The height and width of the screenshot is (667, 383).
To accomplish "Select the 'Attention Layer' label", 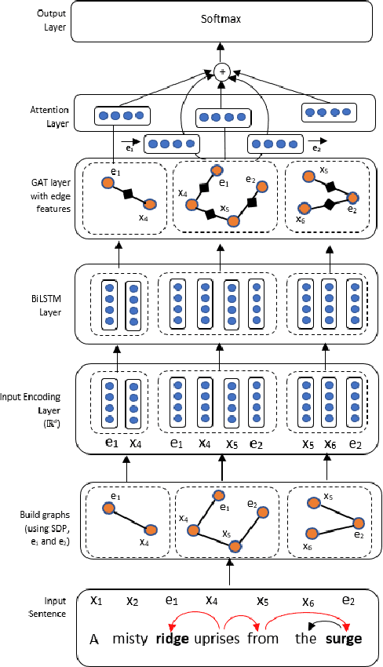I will point(27,116).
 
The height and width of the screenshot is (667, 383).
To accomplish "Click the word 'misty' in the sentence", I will point(129,638).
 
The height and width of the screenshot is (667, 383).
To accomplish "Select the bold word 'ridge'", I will point(172,638).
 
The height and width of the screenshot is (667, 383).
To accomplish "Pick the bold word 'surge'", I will point(345,638).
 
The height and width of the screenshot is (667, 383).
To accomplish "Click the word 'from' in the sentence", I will point(263,638).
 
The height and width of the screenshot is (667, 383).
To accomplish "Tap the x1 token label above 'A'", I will point(96,601).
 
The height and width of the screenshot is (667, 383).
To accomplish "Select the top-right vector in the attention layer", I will point(326,112).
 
